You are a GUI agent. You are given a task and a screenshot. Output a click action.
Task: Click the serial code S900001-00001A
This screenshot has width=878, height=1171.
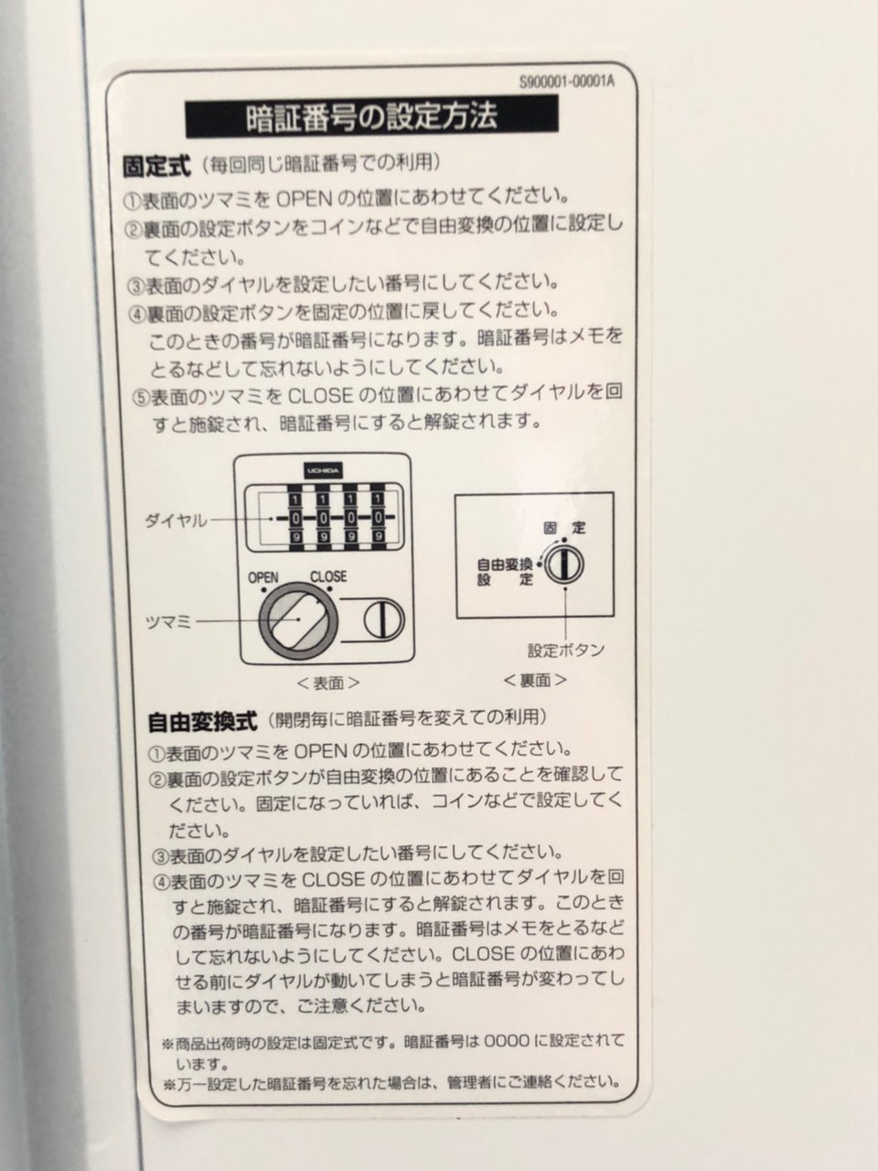click(x=567, y=81)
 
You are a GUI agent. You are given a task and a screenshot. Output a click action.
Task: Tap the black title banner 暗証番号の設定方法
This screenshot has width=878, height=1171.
click(x=371, y=116)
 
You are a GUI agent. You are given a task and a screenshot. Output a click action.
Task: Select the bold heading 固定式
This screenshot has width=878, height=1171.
click(x=155, y=166)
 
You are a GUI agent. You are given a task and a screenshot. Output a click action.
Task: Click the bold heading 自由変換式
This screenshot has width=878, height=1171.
click(x=202, y=722)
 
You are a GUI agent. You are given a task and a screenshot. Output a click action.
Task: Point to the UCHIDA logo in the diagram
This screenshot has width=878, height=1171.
click(x=324, y=470)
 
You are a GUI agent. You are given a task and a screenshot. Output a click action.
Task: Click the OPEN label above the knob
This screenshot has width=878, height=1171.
click(x=263, y=578)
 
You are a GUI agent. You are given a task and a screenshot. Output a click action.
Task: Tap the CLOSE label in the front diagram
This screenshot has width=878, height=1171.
click(x=328, y=576)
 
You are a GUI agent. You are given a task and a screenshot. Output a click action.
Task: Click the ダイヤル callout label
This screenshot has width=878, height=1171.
click(x=176, y=521)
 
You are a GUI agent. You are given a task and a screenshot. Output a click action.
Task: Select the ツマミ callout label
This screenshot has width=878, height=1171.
click(x=168, y=622)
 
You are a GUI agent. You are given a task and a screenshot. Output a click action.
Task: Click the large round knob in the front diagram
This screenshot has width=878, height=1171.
click(x=298, y=621)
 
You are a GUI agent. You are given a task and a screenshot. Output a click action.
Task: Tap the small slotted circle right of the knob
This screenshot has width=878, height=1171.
click(x=383, y=620)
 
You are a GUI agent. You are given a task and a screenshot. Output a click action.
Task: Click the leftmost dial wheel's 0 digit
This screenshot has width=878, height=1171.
click(x=295, y=518)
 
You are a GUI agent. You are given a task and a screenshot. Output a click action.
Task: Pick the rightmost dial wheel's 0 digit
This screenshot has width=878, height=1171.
click(x=378, y=517)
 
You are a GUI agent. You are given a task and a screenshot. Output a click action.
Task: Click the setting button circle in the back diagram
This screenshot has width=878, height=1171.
click(x=563, y=564)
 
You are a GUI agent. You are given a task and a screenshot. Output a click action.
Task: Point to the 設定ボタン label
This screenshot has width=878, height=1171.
click(x=566, y=650)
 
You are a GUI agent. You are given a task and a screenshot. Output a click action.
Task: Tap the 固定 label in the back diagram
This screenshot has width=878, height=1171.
click(x=564, y=528)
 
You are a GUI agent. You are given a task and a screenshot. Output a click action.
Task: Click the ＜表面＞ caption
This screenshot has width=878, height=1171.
click(x=327, y=683)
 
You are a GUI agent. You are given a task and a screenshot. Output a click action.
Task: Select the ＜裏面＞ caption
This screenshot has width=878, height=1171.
click(x=535, y=680)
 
